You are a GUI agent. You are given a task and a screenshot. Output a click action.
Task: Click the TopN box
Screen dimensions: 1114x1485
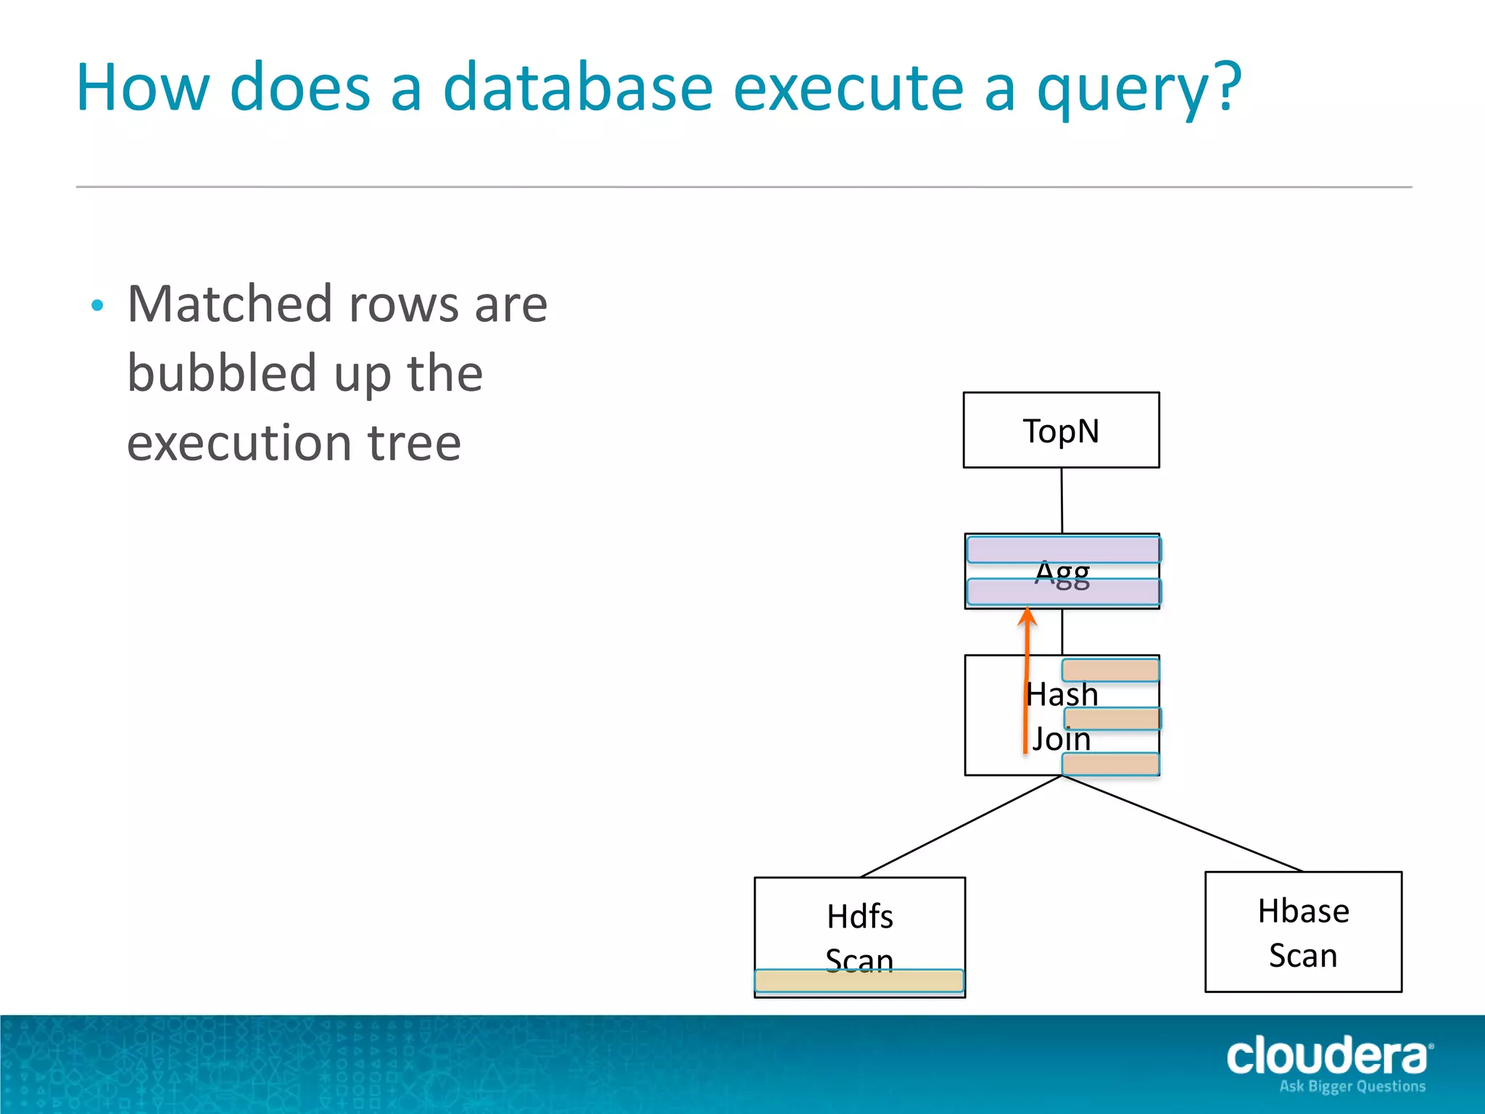point(1061,430)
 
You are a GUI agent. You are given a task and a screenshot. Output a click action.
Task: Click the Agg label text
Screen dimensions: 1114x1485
point(1062,574)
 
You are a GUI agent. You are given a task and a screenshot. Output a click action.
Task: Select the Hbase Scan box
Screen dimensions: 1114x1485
point(1303,932)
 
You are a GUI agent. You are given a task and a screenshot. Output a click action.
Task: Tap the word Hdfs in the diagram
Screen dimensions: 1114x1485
point(860,916)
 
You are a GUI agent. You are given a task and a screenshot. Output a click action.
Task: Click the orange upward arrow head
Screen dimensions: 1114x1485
point(1027,616)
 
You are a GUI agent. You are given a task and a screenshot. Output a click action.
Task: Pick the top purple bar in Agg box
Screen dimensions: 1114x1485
point(1064,550)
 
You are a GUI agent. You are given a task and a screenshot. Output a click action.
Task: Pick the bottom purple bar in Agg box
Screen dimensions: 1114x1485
point(1064,593)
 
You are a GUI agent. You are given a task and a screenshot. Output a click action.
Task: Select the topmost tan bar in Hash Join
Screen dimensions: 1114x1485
point(1110,670)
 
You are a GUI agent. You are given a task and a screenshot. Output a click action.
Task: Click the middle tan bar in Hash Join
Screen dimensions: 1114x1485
point(1112,719)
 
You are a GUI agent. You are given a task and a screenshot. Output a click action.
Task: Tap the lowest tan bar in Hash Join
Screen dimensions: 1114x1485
point(1110,764)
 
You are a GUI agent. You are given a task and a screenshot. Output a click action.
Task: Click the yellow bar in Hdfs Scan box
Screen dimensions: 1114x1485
point(859,981)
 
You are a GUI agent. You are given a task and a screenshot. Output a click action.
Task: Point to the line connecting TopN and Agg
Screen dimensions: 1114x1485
point(1062,500)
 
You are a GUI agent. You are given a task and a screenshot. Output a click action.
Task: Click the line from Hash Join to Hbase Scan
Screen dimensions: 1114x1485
point(1182,823)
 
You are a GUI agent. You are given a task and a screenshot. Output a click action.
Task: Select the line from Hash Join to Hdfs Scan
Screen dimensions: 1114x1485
point(961,826)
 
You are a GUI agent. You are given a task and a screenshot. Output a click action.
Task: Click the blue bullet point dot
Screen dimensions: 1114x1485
point(98,305)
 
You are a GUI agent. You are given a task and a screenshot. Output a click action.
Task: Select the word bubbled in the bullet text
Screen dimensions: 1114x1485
point(222,374)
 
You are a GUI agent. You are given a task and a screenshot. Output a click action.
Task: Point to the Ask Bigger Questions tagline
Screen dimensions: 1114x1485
point(1352,1086)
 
